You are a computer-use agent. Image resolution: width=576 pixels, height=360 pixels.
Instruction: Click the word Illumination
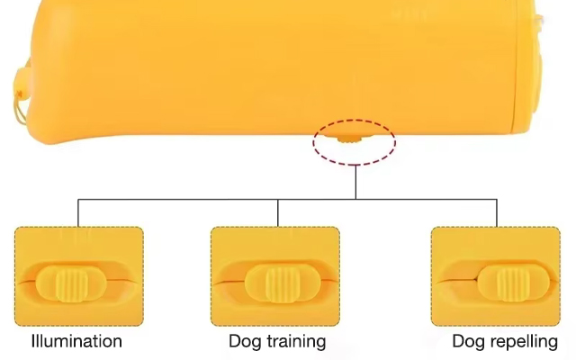(76, 341)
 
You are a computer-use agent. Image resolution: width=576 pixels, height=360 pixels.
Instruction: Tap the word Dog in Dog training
(244, 342)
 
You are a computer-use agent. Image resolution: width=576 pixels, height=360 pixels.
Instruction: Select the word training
(295, 342)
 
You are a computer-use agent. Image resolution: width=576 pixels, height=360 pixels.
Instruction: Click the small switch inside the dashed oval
(349, 139)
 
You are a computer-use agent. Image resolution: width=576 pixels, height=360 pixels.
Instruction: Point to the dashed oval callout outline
(355, 120)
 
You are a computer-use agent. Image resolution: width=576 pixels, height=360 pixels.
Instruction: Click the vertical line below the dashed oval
(355, 182)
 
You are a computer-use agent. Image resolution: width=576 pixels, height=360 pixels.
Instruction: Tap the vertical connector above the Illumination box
(78, 213)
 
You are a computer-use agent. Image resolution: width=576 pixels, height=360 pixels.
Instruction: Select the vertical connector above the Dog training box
(278, 213)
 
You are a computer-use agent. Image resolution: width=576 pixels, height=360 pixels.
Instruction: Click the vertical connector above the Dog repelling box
(497, 213)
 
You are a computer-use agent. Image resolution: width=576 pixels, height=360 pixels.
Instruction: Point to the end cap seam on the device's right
(518, 70)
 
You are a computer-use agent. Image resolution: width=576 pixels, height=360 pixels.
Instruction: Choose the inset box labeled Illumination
(79, 276)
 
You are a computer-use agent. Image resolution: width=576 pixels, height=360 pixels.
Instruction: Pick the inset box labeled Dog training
(275, 276)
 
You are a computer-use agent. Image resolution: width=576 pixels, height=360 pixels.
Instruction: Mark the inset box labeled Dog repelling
(496, 276)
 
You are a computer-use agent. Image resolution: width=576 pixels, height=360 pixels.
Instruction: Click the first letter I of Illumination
(33, 340)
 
